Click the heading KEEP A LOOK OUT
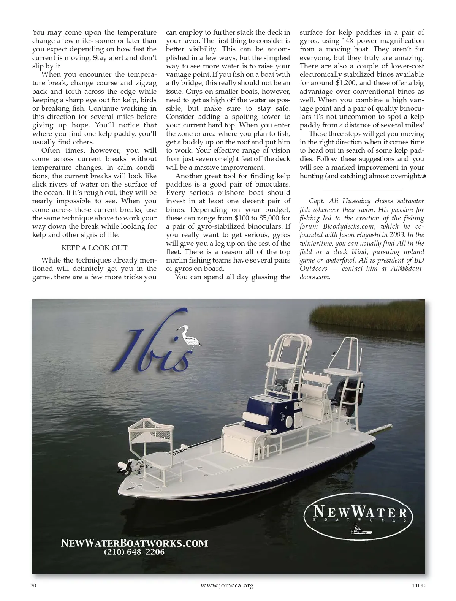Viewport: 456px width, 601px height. tap(94, 248)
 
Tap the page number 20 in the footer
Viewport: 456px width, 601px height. tap(33, 585)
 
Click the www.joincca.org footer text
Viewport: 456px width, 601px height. tap(227, 585)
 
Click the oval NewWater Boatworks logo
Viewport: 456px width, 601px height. tap(358, 519)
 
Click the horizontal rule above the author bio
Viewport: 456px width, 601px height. tap(361, 189)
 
